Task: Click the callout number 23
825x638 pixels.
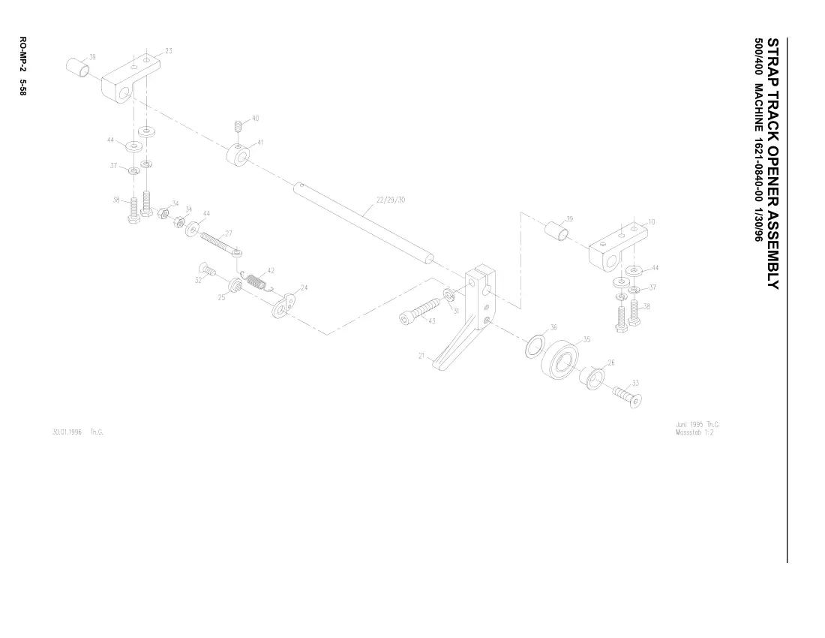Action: pos(168,51)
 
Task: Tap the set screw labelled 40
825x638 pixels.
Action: pos(238,126)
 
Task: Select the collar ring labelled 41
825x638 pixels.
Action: pos(238,155)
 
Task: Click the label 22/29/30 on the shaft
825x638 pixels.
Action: pos(391,200)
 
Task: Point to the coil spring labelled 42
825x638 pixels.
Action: pos(256,281)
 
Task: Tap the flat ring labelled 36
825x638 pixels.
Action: pos(536,345)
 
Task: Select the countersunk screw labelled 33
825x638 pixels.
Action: pos(628,396)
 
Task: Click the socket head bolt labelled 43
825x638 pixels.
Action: pos(421,311)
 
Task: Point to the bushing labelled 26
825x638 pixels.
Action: pos(592,378)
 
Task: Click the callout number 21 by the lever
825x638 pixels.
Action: pos(421,356)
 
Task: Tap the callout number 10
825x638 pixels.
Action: pos(651,222)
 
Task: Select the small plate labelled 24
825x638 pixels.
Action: pos(284,306)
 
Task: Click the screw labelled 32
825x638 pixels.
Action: pos(207,269)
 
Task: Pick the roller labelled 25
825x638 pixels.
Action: pos(235,286)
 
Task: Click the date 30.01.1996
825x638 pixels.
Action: pos(67,432)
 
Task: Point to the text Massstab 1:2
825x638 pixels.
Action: pos(694,432)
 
